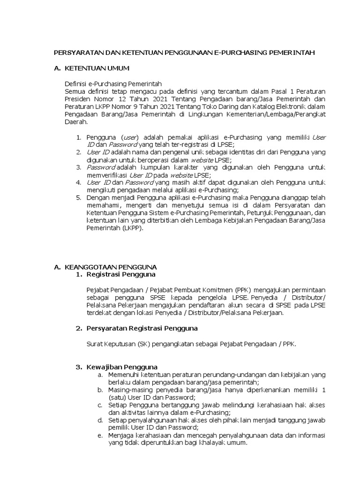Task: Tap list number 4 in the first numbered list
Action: pos(78,182)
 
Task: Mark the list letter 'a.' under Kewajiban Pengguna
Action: pos(100,375)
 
